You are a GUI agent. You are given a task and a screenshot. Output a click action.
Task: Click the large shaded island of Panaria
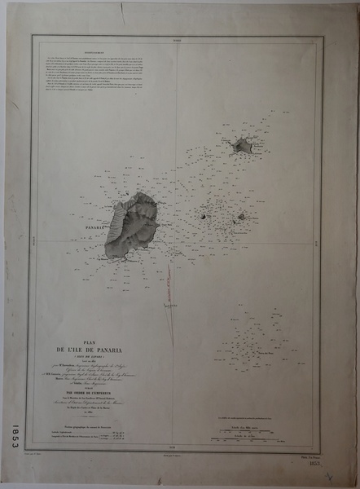tap(132, 224)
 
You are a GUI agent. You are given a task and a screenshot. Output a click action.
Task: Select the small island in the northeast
tap(242, 146)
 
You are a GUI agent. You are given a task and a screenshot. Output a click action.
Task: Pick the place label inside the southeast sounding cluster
tap(266, 352)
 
